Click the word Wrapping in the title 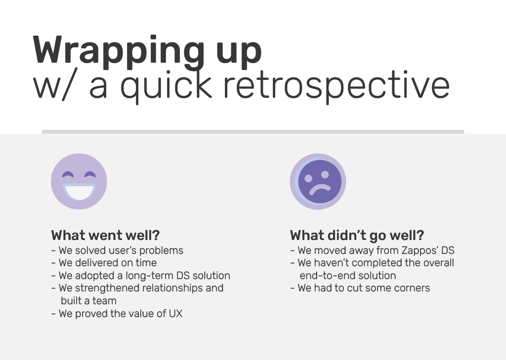pos(119,52)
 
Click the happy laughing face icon pos(79,181)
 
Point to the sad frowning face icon pos(318,181)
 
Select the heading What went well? pos(106,236)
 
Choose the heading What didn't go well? pos(357,236)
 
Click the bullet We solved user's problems pos(117,250)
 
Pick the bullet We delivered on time pos(104,263)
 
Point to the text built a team pos(88,301)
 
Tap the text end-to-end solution pos(348,276)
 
